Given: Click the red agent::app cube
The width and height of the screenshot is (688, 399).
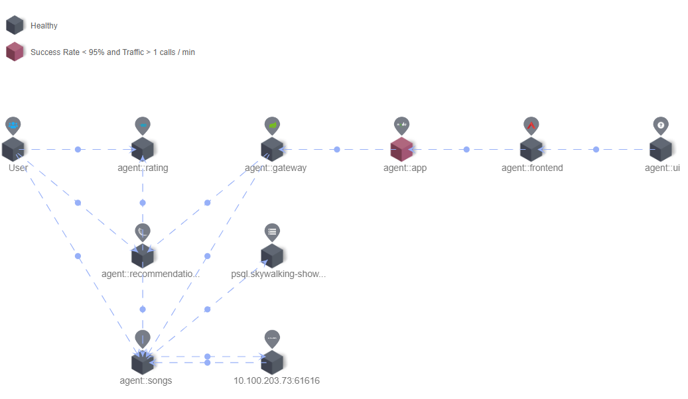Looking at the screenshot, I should coord(401,150).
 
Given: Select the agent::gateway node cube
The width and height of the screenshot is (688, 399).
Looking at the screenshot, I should coord(272,150).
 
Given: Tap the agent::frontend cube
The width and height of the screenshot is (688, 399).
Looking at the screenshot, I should coord(531,150).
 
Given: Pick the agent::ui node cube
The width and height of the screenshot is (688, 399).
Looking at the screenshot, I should coord(661,150).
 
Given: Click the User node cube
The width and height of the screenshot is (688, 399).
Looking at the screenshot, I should coord(13,150).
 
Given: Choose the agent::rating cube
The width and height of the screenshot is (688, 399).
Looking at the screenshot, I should coord(143,150).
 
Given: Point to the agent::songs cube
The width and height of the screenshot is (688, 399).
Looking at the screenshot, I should coord(143,363).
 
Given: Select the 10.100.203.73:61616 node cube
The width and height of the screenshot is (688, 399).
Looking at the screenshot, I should coord(272,363).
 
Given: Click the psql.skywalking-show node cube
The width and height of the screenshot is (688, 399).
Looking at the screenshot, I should coord(272,256).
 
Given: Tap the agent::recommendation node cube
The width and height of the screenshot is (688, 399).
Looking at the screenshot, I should coord(143,256).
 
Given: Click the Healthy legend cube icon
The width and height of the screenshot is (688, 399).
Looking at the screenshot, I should coord(15,26).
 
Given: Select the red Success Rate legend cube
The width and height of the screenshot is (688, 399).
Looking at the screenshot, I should coord(15,52).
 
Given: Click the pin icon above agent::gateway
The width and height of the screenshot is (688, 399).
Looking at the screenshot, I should coord(272,125).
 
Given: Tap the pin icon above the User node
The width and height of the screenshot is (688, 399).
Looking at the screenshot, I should coord(13,125).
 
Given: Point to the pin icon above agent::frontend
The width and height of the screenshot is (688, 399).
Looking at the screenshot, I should coord(531,125).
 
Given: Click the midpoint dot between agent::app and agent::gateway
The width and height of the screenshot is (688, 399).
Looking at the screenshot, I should coord(337,150).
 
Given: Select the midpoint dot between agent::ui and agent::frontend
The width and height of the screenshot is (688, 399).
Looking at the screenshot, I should coord(596,150).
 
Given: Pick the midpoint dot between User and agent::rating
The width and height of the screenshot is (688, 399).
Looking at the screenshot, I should coord(78,150).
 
